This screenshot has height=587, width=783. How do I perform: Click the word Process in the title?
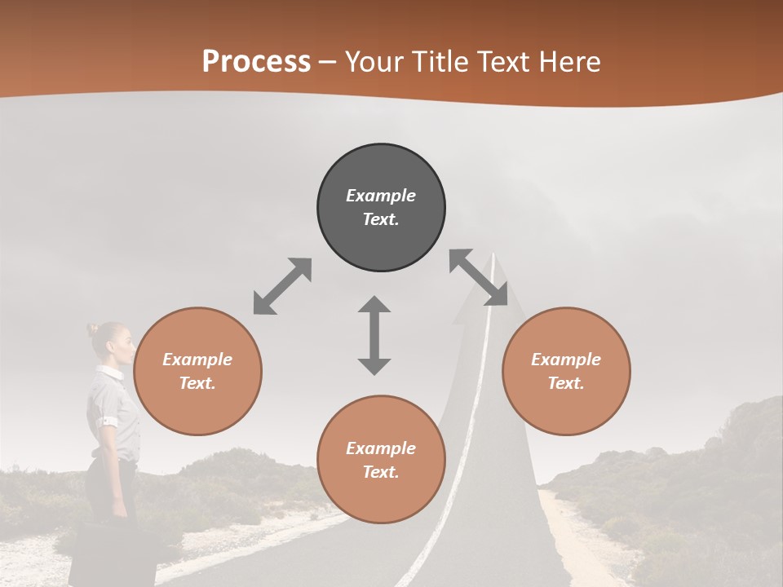256,62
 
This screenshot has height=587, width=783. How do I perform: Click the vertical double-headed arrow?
374,335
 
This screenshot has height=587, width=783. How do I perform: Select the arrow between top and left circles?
282,286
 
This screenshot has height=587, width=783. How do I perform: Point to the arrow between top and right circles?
479,278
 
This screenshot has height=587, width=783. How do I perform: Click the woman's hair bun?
92,329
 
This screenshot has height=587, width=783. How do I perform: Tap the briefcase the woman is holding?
102,554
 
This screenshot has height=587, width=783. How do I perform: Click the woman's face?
122,346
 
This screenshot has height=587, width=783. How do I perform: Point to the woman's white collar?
109,373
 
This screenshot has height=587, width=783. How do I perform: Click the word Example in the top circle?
381,196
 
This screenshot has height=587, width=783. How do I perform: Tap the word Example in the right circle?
566,360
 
